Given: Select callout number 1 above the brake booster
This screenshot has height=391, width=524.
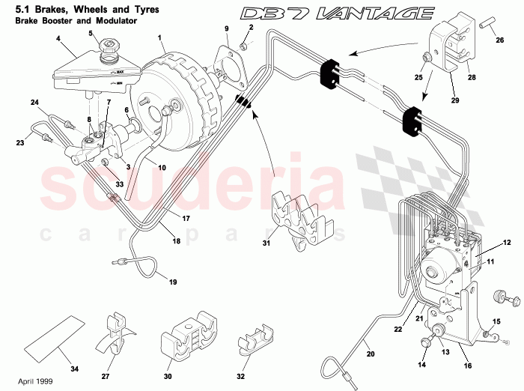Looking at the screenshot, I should coord(160,37).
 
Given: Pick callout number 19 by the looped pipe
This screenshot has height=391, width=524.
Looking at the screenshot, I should coord(172,282).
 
